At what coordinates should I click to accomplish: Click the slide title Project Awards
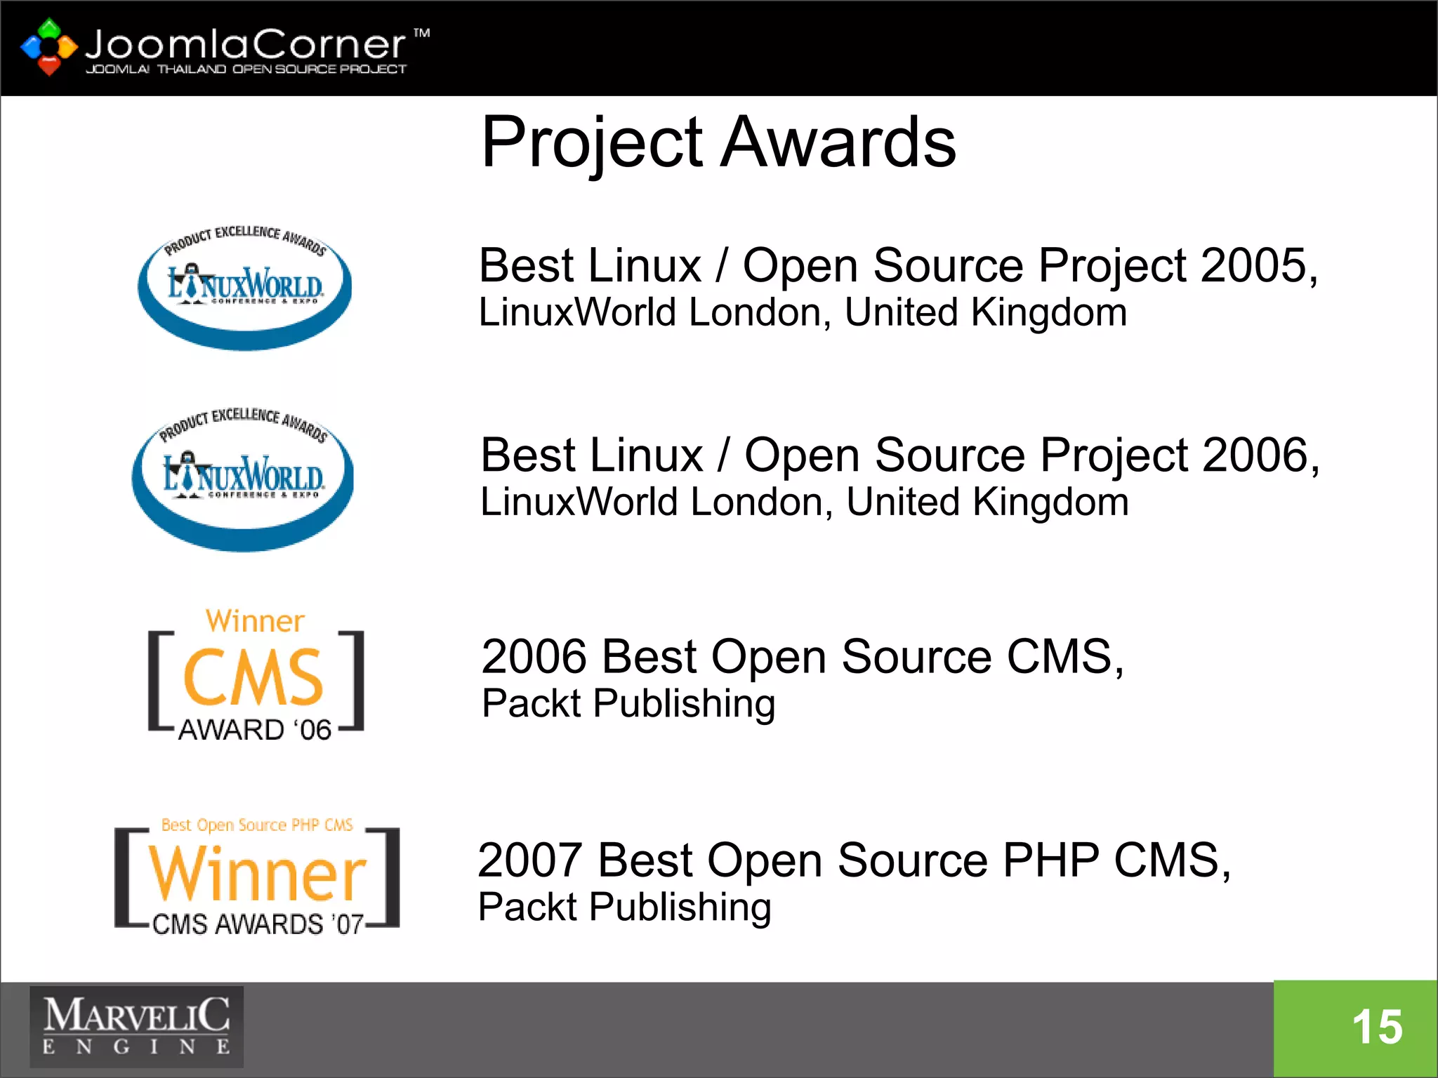coord(718,142)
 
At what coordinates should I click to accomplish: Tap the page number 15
coord(1377,1027)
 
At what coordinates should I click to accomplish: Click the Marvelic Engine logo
coord(136,1027)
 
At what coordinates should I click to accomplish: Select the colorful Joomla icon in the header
coord(48,47)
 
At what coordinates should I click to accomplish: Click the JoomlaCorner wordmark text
coord(245,44)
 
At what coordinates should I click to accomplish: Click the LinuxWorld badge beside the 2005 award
coord(245,286)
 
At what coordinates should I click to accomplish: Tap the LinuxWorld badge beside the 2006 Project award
coord(243,477)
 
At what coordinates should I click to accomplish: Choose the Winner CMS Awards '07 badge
coord(257,877)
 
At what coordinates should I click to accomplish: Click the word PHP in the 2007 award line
coord(1050,860)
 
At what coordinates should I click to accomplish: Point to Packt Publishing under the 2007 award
coord(624,907)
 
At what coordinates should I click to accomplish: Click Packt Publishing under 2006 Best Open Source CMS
coord(628,704)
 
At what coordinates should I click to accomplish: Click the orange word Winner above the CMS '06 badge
coord(255,621)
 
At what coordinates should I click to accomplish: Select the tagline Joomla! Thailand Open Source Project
coord(246,69)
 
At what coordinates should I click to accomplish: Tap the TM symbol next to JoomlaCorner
coord(421,33)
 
